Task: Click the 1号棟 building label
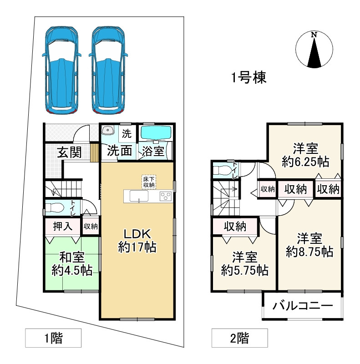[248, 78]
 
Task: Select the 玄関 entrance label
[69, 152]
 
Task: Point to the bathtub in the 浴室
[155, 132]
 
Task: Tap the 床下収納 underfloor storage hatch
[148, 182]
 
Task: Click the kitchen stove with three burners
[165, 196]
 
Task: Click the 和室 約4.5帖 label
[72, 264]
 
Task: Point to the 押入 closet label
[62, 226]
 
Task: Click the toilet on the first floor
[56, 207]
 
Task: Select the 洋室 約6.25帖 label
[305, 155]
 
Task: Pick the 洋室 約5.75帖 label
[244, 264]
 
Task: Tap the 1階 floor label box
[53, 338]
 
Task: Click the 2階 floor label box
[240, 338]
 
